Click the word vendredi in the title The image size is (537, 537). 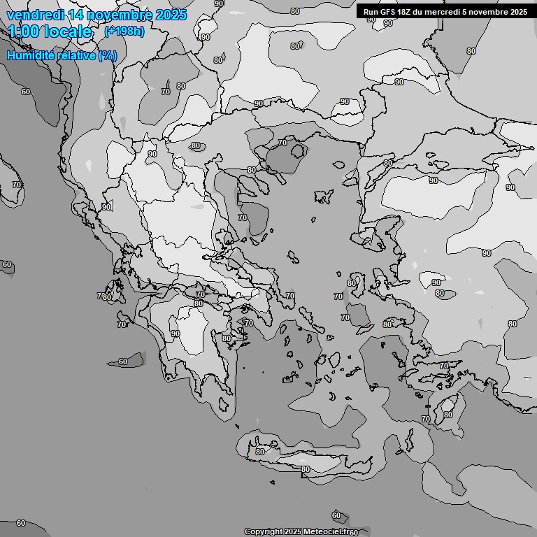click(34, 15)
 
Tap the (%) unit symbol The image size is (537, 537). click(108, 55)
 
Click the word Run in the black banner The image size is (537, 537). click(371, 12)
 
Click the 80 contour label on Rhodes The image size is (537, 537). click(448, 415)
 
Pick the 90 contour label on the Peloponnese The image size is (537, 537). click(175, 334)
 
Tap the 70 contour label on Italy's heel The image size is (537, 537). click(17, 185)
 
